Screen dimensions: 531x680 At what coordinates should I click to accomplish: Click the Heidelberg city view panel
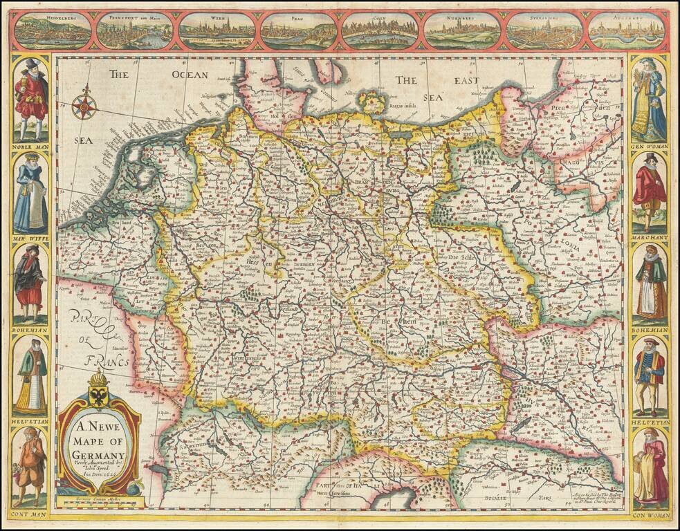53,31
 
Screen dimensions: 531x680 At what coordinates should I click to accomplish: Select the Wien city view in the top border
217,31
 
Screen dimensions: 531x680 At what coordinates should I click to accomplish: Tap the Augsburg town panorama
627,31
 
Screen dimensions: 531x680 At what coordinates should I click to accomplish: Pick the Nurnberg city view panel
462,31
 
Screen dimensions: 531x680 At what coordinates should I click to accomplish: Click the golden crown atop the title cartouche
99,379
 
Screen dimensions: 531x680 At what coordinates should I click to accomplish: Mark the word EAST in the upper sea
466,81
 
